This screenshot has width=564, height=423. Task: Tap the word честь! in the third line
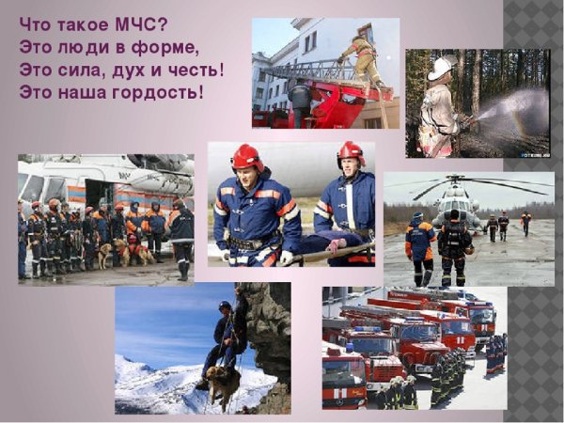pyautogui.click(x=197, y=70)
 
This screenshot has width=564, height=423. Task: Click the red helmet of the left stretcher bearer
pyautogui.click(x=247, y=157)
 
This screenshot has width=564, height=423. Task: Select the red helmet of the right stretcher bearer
pyautogui.click(x=352, y=152)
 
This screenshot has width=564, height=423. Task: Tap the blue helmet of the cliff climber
pyautogui.click(x=225, y=306)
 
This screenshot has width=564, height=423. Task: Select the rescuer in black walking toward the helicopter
pyautogui.click(x=454, y=248)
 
